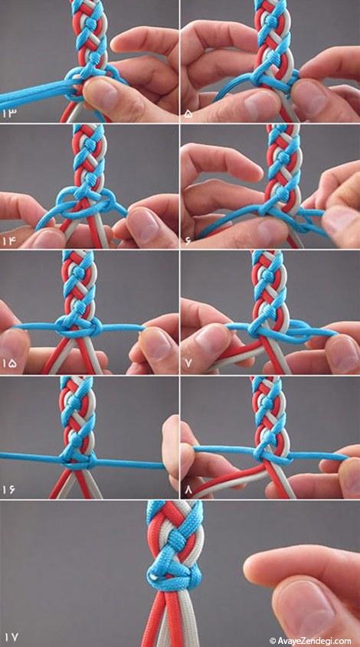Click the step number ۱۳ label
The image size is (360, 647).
tap(8, 113)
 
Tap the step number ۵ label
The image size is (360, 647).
tap(188, 113)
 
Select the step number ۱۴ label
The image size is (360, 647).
tap(9, 240)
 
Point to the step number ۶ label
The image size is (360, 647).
tap(188, 240)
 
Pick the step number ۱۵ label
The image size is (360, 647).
tap(9, 364)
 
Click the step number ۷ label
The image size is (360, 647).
tap(188, 364)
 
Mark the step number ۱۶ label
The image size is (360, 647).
tap(9, 489)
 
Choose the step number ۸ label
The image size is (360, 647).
tap(188, 489)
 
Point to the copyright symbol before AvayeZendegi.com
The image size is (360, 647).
tap(273, 641)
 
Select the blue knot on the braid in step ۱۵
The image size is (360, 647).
tap(77, 327)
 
